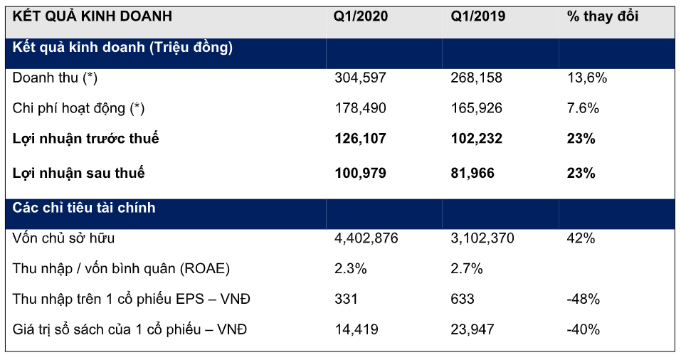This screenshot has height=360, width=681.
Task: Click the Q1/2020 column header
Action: [361, 16]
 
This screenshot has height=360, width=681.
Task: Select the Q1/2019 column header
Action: [477, 16]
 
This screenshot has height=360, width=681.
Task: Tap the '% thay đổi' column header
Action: [603, 16]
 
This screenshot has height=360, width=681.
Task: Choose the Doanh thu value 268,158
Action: [476, 78]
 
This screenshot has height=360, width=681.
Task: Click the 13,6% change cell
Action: [587, 78]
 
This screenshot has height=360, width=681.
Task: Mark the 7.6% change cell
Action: [584, 108]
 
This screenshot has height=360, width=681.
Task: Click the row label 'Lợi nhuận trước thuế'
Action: [86, 139]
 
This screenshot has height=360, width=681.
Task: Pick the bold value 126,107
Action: [360, 139]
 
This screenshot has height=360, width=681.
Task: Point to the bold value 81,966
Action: [473, 173]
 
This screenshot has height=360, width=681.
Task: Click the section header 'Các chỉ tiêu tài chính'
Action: [84, 208]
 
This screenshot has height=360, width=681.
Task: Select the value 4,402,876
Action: [366, 238]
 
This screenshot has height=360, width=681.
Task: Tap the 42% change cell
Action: [581, 238]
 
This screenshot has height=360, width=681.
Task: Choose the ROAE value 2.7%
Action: [467, 269]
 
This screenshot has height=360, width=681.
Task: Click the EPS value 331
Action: [346, 300]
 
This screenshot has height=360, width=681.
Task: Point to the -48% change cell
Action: [583, 300]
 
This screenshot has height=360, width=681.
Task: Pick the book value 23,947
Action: [473, 330]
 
